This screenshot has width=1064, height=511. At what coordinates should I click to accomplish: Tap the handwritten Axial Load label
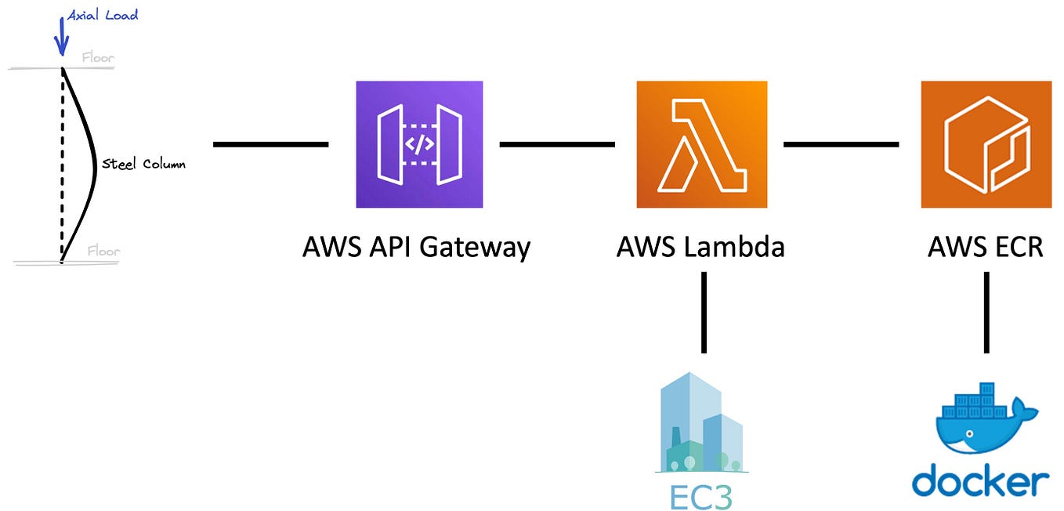(x=103, y=15)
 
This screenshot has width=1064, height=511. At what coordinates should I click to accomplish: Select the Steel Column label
(x=144, y=165)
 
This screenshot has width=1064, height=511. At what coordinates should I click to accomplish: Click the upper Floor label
(x=98, y=57)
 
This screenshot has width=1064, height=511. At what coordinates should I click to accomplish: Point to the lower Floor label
(x=103, y=252)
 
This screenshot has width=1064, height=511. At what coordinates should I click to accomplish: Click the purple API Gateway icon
(x=419, y=144)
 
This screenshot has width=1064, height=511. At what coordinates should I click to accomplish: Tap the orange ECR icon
(x=985, y=144)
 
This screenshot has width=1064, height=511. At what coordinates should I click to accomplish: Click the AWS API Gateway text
(x=416, y=248)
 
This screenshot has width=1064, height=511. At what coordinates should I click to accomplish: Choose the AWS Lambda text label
(x=700, y=248)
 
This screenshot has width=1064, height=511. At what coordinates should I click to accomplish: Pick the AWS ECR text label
(x=985, y=248)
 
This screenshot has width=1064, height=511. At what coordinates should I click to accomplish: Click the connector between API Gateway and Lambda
(x=557, y=144)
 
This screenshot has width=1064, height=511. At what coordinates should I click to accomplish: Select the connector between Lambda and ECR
(x=841, y=144)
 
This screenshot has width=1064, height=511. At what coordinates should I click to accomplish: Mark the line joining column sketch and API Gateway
(x=270, y=144)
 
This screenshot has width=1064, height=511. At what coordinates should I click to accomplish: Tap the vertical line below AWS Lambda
(x=704, y=312)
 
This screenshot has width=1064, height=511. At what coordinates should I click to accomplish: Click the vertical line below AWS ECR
(x=986, y=312)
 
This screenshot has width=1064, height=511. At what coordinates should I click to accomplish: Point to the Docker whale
(x=984, y=419)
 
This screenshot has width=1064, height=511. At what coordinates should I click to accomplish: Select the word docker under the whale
(x=980, y=480)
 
